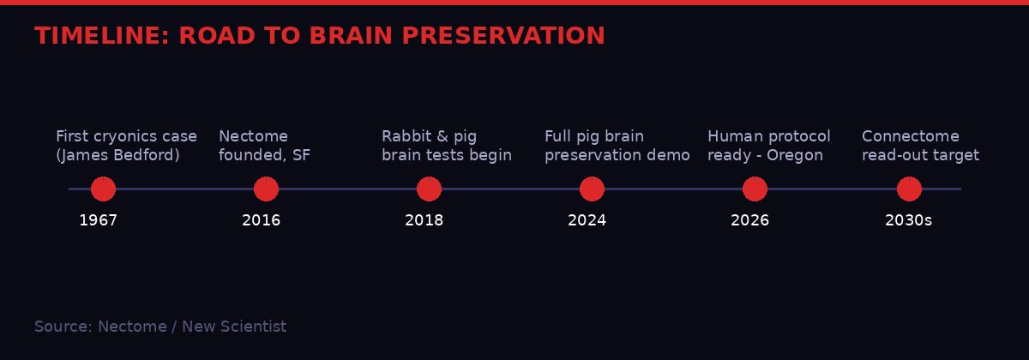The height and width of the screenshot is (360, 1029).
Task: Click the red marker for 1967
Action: (x=103, y=189)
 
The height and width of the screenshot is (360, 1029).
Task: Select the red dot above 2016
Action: (x=266, y=189)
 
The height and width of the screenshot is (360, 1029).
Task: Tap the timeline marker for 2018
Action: (x=429, y=189)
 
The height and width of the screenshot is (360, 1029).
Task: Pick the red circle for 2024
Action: (x=592, y=189)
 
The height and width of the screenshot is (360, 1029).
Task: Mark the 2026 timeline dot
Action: (x=755, y=189)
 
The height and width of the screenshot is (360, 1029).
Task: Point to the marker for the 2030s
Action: (x=909, y=189)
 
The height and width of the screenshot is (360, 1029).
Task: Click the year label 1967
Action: (x=98, y=220)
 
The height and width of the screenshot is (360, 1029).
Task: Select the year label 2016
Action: (x=261, y=220)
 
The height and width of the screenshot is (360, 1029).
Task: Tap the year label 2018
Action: (x=424, y=220)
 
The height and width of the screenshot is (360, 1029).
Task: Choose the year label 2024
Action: (x=587, y=220)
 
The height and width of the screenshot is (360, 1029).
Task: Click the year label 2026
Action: (x=749, y=220)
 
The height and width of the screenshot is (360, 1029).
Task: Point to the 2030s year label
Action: (x=908, y=220)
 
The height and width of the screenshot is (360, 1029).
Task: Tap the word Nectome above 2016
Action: (x=253, y=136)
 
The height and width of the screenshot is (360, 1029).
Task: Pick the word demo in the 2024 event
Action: (x=671, y=155)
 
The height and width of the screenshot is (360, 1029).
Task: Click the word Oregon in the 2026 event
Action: (x=795, y=155)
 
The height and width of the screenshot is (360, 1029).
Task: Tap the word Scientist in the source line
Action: (x=253, y=327)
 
